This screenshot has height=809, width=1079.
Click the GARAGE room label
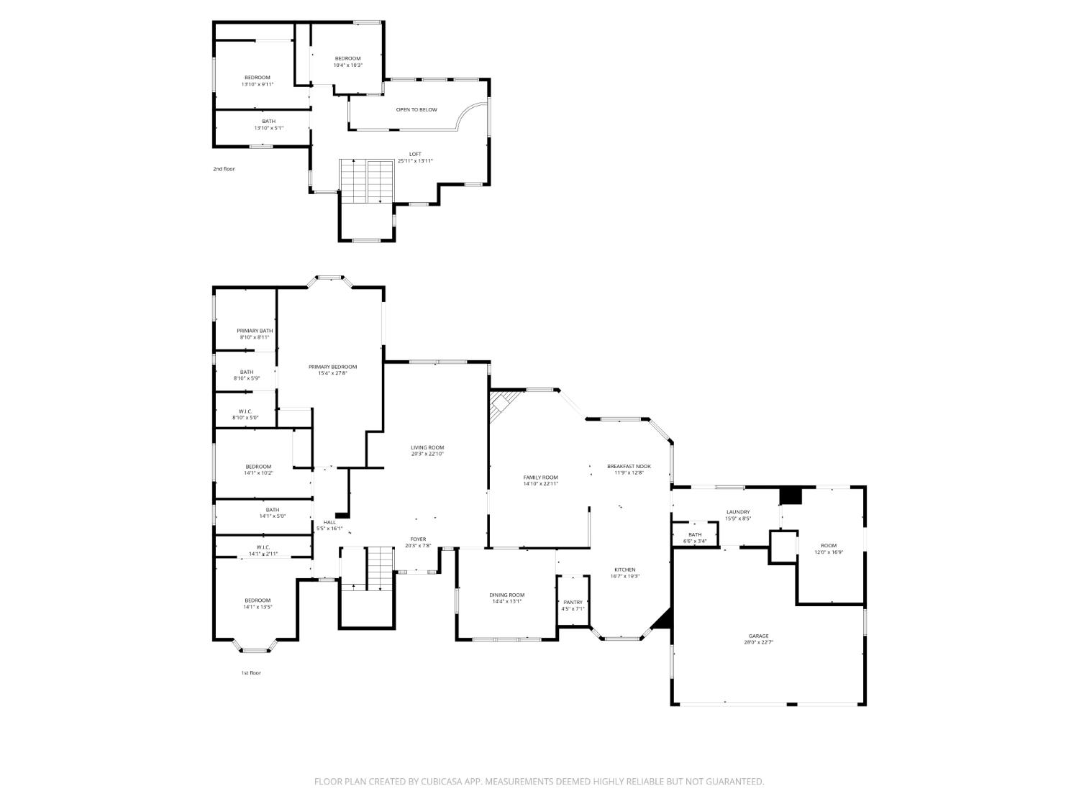click(758, 636)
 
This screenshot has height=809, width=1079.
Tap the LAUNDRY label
click(737, 512)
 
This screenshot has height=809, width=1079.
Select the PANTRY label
click(573, 602)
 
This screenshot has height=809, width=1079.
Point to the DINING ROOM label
click(506, 595)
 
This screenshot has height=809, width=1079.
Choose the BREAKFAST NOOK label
click(629, 466)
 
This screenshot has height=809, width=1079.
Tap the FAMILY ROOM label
click(540, 477)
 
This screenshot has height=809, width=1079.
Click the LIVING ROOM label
click(427, 447)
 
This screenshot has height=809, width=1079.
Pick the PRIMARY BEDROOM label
click(332, 367)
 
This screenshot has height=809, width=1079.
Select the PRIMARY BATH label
click(255, 331)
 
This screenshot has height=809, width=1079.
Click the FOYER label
click(418, 539)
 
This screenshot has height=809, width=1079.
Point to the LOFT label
click(415, 154)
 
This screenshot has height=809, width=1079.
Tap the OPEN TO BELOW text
click(416, 110)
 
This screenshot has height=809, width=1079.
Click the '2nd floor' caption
click(224, 169)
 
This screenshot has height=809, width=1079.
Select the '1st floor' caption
click(251, 673)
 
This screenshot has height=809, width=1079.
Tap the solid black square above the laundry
click(791, 495)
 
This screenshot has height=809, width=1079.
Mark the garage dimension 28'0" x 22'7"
click(758, 643)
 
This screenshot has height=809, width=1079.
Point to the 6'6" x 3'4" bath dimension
click(695, 541)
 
